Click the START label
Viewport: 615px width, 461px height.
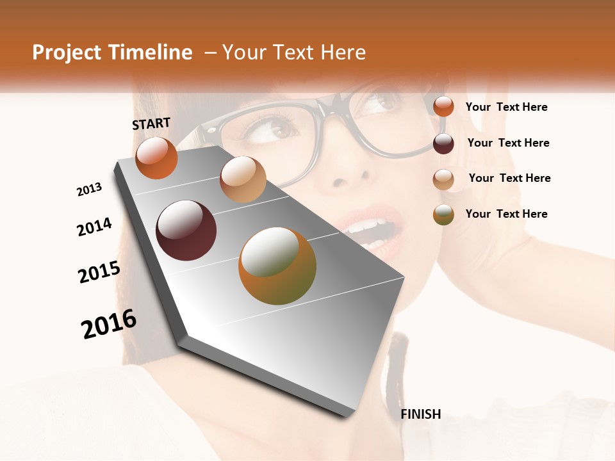(x=151, y=124)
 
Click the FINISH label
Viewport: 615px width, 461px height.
(x=420, y=414)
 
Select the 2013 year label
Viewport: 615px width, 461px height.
(x=90, y=189)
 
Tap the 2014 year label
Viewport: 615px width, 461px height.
(x=94, y=227)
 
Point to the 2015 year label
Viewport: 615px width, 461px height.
(x=99, y=272)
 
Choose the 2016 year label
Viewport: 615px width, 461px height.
(x=109, y=323)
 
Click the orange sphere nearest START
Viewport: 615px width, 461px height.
(x=156, y=158)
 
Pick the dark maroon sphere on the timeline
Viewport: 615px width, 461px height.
(x=186, y=230)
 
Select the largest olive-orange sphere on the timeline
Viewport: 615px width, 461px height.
(x=277, y=265)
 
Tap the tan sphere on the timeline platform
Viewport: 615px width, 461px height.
(x=243, y=179)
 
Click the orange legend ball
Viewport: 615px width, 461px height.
(x=443, y=106)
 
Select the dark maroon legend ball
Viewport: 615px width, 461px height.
(x=443, y=143)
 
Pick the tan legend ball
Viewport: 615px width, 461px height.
(x=443, y=179)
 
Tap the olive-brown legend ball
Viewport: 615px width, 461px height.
(x=443, y=214)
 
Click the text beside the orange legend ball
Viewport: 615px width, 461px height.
(x=506, y=107)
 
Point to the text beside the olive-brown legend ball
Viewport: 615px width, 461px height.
(x=506, y=214)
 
